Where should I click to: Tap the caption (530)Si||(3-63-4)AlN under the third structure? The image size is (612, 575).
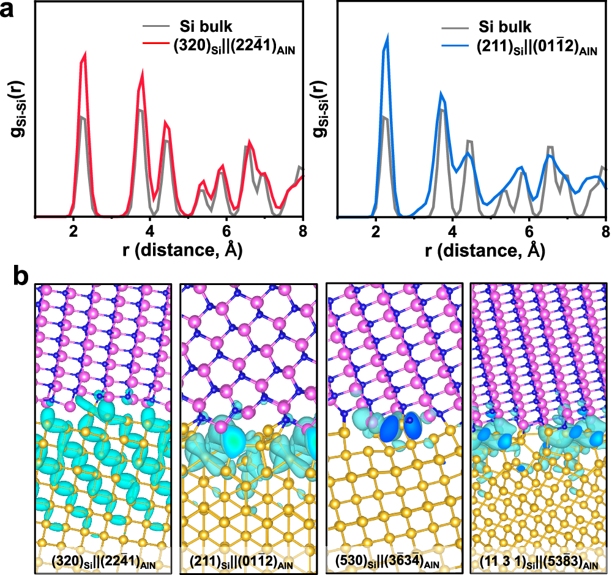[x=395, y=561]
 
